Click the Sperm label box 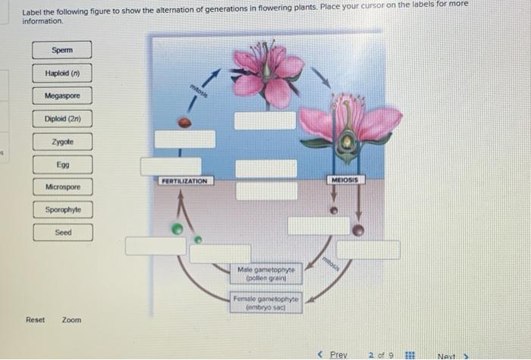click(x=63, y=51)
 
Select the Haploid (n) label click(x=63, y=74)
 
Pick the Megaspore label click(x=63, y=96)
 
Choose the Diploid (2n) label click(x=63, y=119)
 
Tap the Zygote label click(x=63, y=142)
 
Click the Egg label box click(x=63, y=164)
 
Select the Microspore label click(x=63, y=186)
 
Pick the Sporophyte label click(x=63, y=209)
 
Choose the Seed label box click(x=63, y=232)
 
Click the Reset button click(x=35, y=320)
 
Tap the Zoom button click(x=71, y=320)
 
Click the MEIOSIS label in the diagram click(x=347, y=180)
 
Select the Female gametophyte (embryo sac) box click(x=266, y=303)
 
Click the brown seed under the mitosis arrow click(x=184, y=122)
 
